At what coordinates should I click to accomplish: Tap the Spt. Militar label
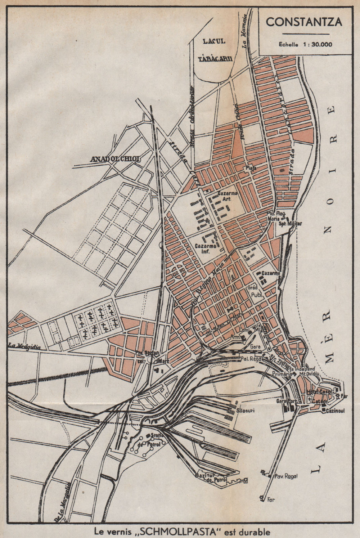[290, 223]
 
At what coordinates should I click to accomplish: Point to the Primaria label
[281, 374]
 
